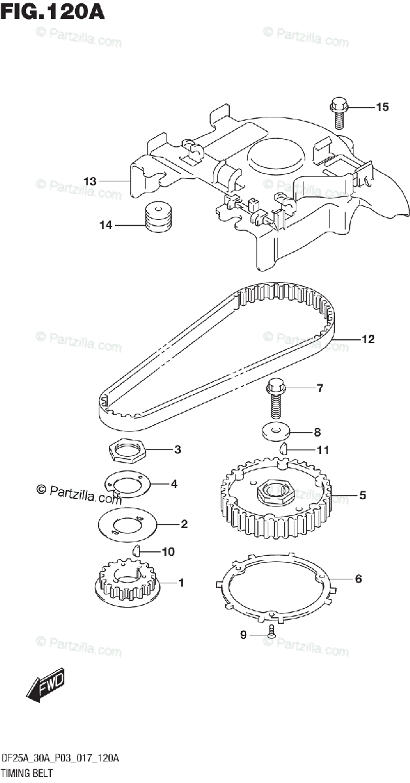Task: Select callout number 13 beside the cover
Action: click(90, 181)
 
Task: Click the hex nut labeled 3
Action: click(125, 450)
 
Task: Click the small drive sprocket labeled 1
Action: click(127, 582)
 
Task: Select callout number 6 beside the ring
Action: click(358, 579)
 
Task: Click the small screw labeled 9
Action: click(272, 632)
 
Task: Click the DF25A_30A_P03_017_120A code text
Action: click(59, 759)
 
